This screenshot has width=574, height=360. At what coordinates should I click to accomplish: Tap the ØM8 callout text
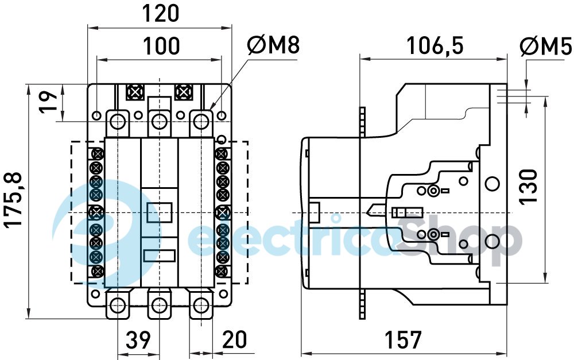273,45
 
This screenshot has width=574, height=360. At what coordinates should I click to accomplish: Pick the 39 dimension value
138,340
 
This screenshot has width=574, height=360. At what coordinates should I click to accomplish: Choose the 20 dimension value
235,340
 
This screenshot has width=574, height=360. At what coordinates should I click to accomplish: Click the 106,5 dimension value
435,45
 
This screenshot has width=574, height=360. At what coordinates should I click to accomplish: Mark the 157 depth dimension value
403,340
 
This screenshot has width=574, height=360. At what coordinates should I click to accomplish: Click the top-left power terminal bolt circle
118,121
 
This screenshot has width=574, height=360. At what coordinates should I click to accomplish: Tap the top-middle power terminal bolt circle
159,121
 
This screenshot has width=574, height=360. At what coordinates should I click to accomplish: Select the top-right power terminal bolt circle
200,121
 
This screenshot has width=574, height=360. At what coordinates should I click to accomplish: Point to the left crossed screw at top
135,91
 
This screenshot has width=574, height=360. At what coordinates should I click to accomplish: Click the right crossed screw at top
183,91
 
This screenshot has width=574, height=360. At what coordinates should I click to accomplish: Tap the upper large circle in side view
492,183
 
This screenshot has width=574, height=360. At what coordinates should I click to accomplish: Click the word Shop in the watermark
459,237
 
